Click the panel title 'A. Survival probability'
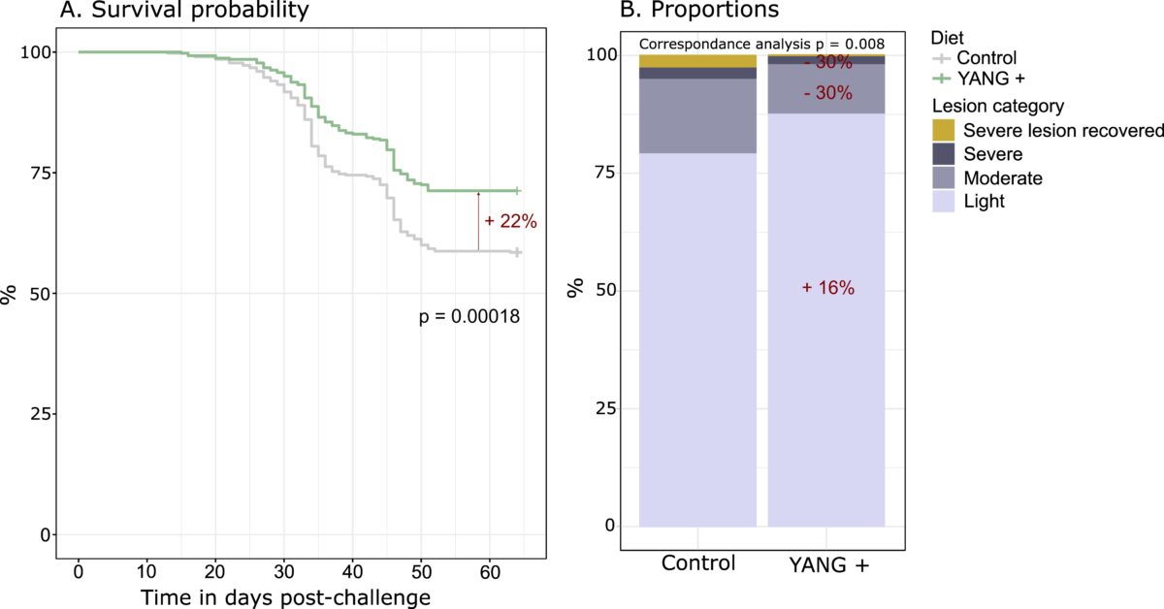click(184, 12)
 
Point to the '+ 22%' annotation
click(510, 221)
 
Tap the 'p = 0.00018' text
click(469, 315)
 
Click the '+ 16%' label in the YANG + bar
click(827, 288)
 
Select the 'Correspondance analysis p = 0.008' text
click(761, 45)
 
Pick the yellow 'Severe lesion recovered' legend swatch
click(943, 130)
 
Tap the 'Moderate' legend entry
click(998, 178)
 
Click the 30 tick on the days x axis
click(283, 568)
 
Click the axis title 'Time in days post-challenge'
click(286, 596)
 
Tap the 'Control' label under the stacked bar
click(697, 563)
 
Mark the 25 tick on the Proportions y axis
click(605, 408)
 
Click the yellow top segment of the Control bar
click(697, 61)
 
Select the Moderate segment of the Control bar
click(697, 116)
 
